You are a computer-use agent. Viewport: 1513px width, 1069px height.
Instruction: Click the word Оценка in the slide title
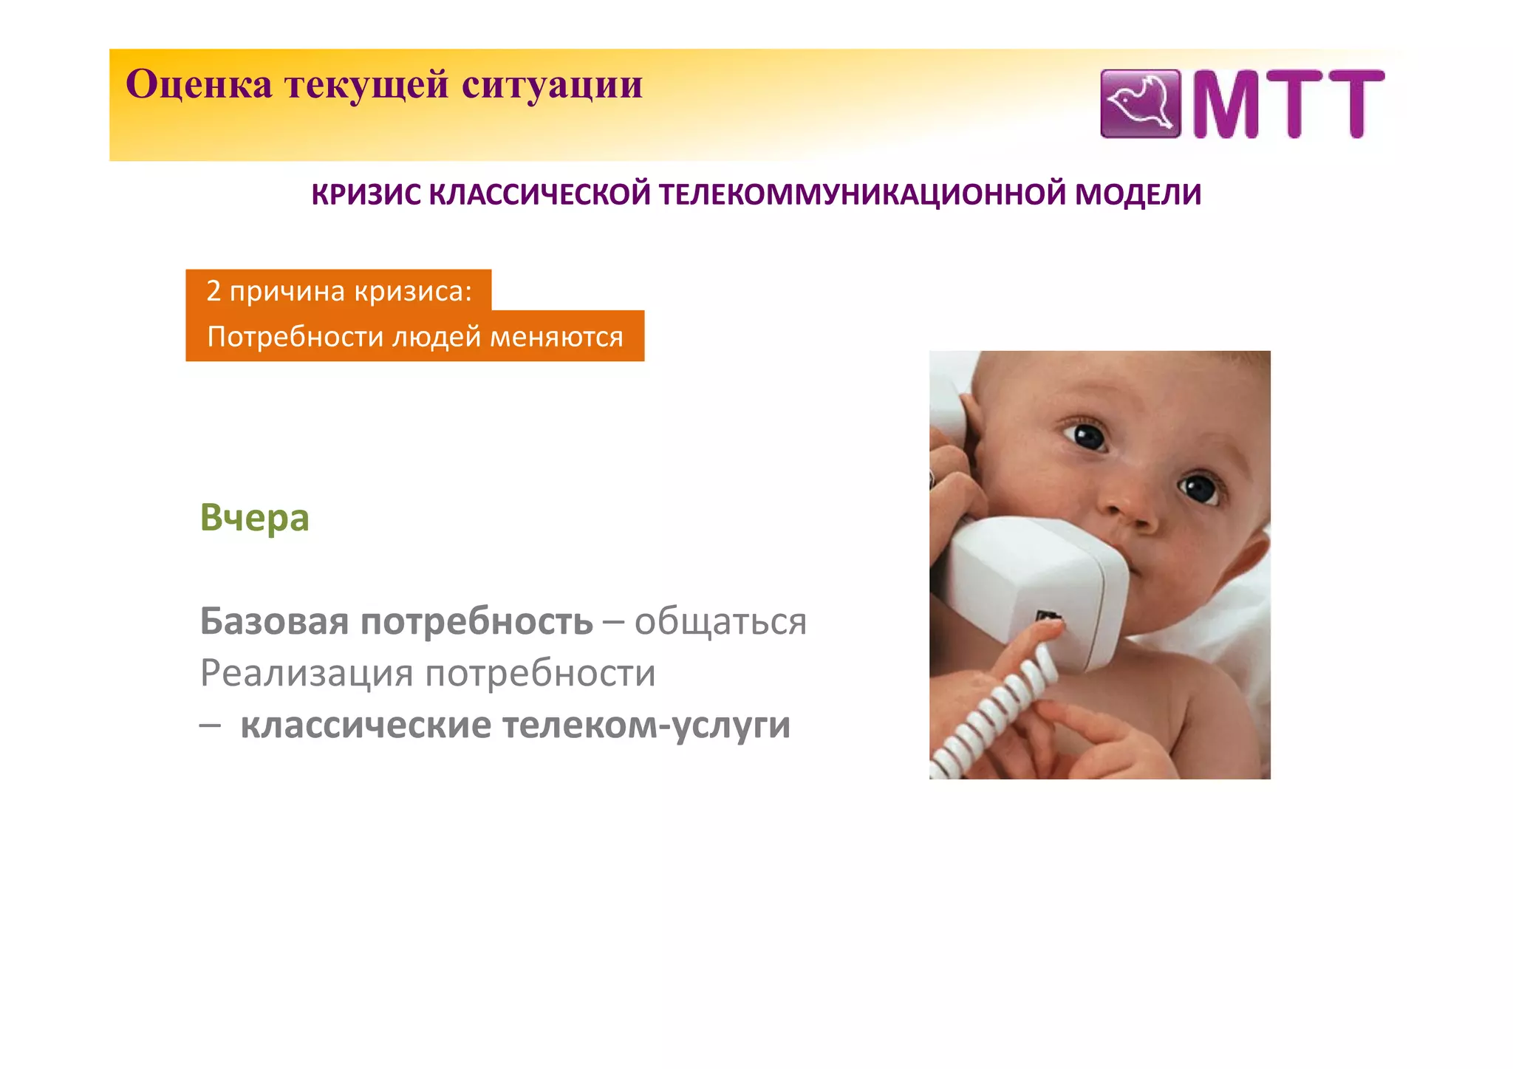(x=199, y=84)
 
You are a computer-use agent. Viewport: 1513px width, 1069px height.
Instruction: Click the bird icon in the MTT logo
(x=1140, y=104)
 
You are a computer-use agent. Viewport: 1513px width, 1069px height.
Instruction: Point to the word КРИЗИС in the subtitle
(x=366, y=194)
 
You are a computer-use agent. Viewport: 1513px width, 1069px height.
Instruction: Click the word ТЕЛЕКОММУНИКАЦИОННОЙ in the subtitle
(x=861, y=194)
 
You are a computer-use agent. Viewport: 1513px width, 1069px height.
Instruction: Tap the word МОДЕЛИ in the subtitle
(x=1138, y=194)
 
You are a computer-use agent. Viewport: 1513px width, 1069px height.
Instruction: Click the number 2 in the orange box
(x=214, y=290)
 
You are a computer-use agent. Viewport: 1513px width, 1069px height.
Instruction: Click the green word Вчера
(x=254, y=518)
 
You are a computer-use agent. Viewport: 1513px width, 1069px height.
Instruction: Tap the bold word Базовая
(x=274, y=621)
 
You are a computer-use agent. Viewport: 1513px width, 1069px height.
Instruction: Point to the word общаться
(x=720, y=621)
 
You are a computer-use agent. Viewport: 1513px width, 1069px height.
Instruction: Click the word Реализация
(x=307, y=673)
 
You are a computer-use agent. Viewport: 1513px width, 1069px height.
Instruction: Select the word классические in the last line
(x=366, y=725)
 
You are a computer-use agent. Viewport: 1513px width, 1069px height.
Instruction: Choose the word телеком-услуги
(x=646, y=725)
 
